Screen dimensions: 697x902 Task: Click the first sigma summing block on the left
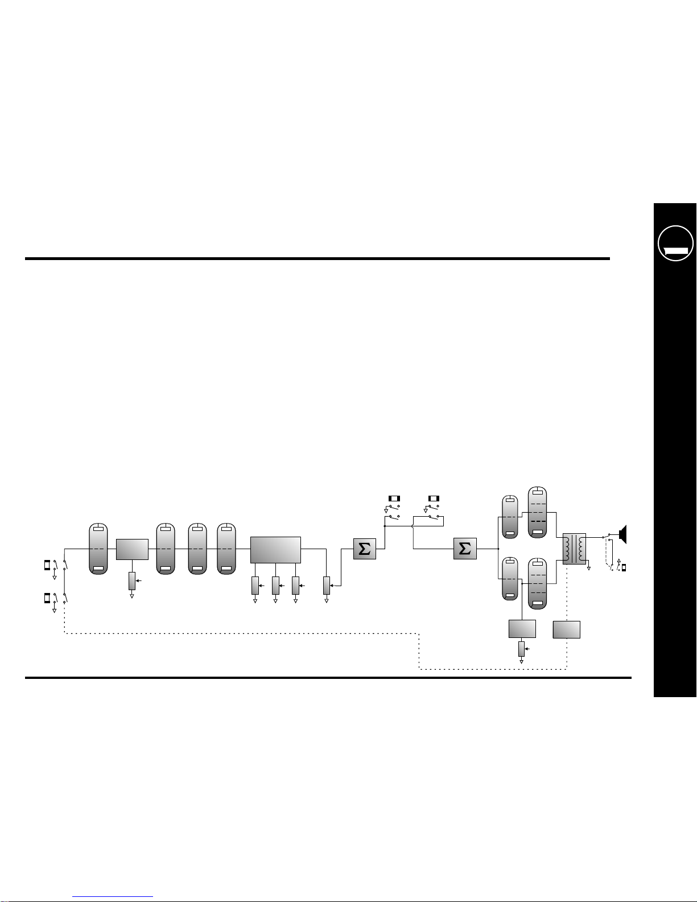[364, 549]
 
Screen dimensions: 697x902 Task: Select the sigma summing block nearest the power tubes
[465, 549]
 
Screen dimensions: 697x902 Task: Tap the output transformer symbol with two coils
[574, 549]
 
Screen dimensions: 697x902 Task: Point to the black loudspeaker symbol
[622, 534]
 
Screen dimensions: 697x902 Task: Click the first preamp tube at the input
[98, 549]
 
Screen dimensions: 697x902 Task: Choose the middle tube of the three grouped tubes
[197, 549]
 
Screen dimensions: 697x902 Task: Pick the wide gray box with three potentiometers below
[275, 550]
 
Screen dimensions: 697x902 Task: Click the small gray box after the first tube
[132, 549]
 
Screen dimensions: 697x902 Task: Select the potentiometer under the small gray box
[132, 580]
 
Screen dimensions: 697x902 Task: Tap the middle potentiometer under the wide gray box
[275, 585]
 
